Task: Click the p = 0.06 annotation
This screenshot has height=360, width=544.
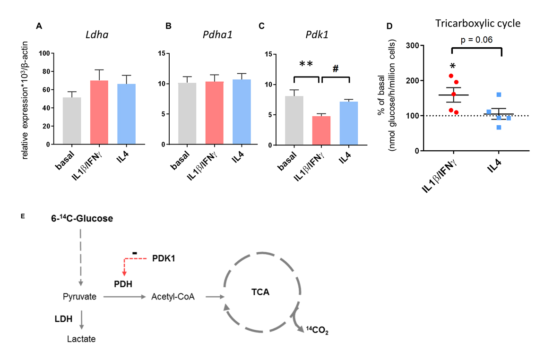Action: [477, 40]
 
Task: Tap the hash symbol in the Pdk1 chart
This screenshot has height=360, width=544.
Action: [336, 68]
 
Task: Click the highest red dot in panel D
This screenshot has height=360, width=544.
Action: [451, 76]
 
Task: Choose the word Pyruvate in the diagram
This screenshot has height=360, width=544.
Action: [79, 297]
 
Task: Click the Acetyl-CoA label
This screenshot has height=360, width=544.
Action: [173, 297]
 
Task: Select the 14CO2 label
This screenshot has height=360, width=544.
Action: [317, 332]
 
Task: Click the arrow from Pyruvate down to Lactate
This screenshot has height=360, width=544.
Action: [82, 319]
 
